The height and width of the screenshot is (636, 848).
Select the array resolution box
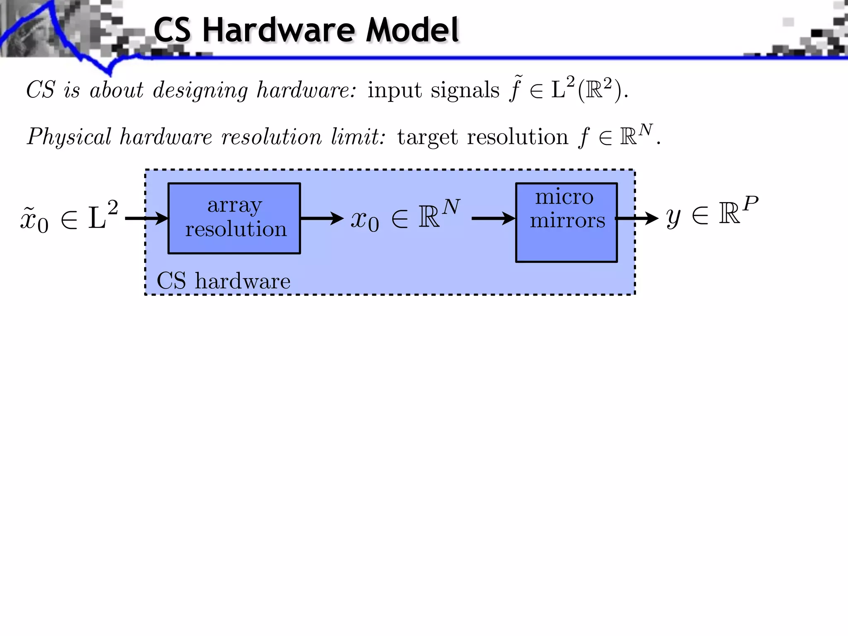234,218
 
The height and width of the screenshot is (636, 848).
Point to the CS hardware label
223,281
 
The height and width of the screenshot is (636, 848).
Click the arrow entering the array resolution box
147,218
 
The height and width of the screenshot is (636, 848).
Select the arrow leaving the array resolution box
322,218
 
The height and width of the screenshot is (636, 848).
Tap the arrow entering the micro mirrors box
493,218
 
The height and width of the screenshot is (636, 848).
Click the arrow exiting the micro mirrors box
638,218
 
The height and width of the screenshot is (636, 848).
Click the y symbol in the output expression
674,218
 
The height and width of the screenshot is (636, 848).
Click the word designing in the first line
200,90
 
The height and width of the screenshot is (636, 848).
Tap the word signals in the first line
465,90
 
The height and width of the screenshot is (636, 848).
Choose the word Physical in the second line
69,137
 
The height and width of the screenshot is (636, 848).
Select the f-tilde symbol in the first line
516,89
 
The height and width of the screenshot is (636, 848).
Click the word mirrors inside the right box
567,221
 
